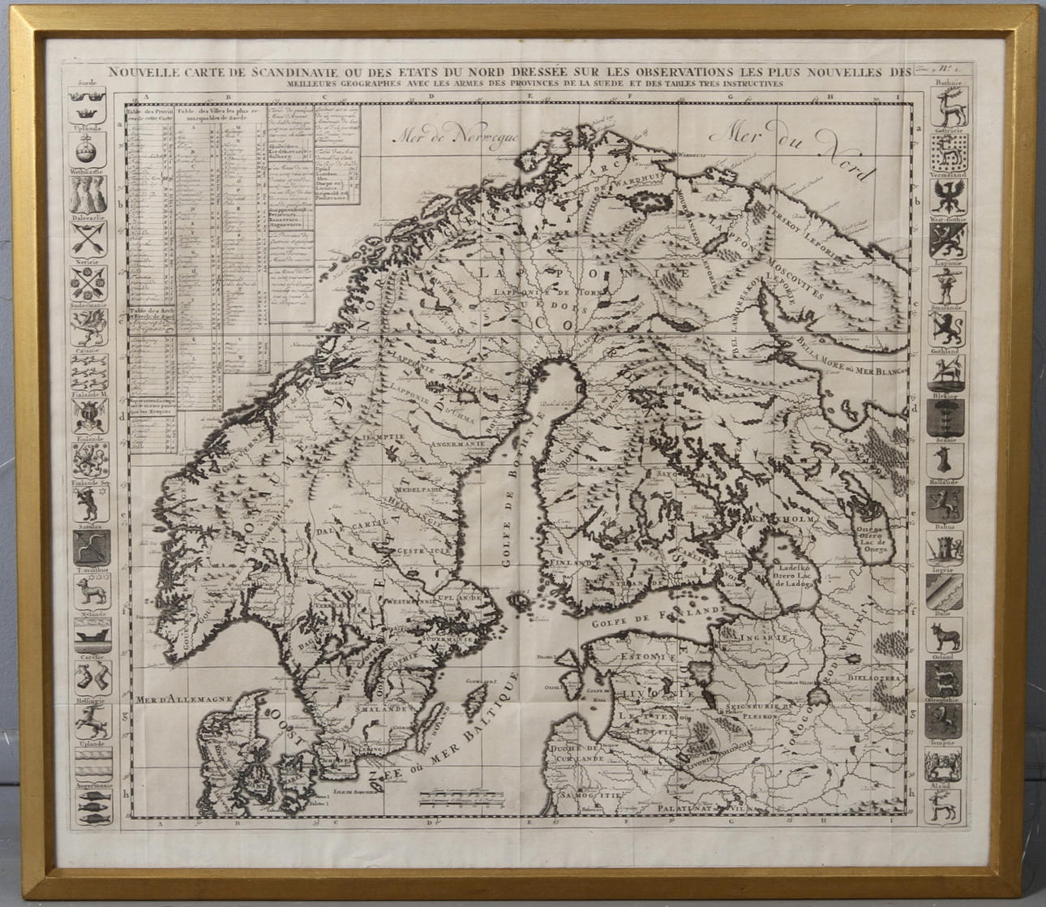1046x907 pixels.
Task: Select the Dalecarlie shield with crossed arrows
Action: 85,239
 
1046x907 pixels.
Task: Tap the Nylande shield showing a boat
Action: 87,630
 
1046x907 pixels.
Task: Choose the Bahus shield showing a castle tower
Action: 942,548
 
